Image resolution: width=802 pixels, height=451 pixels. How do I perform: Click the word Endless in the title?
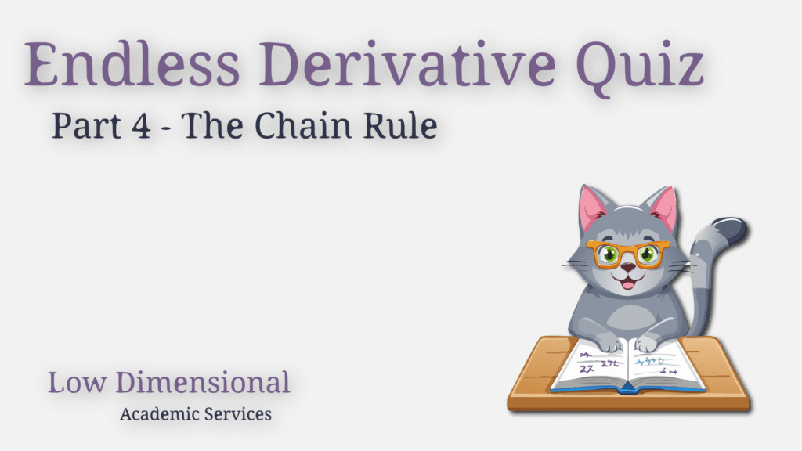(132, 64)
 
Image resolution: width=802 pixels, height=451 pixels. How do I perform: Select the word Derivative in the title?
(407, 64)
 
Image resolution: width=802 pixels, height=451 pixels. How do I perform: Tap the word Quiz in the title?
(641, 68)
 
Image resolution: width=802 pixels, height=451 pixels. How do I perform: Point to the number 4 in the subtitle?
(141, 126)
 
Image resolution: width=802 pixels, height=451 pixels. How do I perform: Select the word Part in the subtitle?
(86, 126)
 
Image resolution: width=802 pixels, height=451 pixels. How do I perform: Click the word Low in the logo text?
(77, 382)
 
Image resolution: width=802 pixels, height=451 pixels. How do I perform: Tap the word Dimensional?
(203, 382)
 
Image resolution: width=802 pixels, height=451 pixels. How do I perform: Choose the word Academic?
(159, 413)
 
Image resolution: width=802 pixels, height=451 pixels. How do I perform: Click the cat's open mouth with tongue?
(629, 280)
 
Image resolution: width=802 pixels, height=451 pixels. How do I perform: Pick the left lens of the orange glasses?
(608, 254)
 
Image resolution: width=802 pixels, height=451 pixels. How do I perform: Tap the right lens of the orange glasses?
(648, 254)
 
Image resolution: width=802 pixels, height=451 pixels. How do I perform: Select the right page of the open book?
(664, 365)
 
